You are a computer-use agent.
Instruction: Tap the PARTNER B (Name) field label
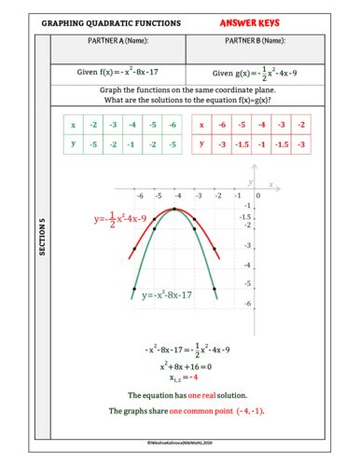[x=255, y=41]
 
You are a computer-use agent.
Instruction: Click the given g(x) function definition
[x=255, y=73]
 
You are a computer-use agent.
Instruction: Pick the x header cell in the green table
[x=73, y=124]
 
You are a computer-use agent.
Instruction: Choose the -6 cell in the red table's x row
[x=224, y=124]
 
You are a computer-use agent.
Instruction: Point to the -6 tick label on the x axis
[x=140, y=197]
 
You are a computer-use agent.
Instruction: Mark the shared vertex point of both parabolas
[x=177, y=210]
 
